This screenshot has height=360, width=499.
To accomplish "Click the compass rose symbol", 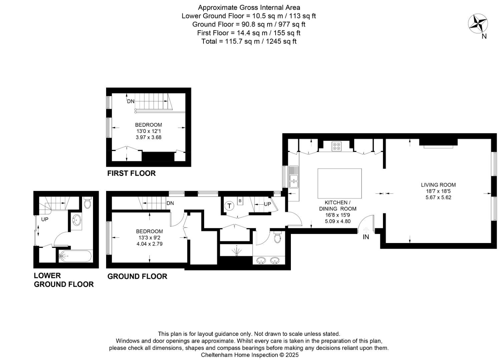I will click(478, 24).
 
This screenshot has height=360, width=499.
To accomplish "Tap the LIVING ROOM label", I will click(438, 185).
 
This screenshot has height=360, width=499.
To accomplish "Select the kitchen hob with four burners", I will click(337, 146).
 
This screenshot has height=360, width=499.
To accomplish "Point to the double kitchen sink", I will click(294, 177).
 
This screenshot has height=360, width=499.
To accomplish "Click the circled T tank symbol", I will click(229, 206).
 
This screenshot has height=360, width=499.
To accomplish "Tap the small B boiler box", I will click(240, 201).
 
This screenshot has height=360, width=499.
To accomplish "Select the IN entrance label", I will click(366, 237).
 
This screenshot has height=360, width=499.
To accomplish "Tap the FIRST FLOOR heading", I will click(131, 173).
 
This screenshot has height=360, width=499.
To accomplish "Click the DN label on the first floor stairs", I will click(131, 101).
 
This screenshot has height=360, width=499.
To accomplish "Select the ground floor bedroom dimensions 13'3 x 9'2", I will click(149, 238).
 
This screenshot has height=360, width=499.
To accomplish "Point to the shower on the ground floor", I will click(236, 251).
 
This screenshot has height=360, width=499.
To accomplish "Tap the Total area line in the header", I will click(249, 41).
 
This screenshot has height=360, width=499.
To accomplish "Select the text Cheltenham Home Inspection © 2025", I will click(249, 355).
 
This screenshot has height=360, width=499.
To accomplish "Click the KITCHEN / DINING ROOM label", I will click(338, 206).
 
